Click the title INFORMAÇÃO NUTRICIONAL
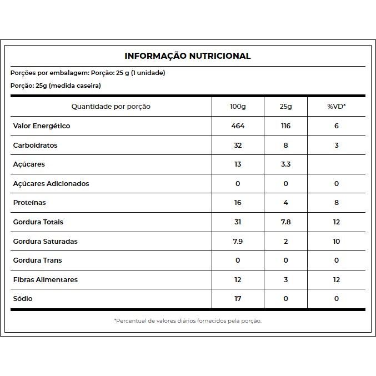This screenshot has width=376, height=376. pos(188,56)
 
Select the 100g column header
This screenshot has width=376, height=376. pos(238,107)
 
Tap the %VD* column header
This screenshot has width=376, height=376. pos(336,107)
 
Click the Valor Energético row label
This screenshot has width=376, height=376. pos(42,126)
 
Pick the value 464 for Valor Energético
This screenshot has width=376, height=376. pos(238,126)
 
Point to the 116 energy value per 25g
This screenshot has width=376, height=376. pos(285,126)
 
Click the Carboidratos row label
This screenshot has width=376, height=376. pos(36,146)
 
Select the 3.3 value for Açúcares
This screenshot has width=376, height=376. pos(285,164)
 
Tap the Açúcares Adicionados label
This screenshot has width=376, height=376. pos(51,184)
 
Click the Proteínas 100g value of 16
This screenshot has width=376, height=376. pos(238,203)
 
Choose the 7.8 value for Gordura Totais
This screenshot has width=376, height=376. pos(285,222)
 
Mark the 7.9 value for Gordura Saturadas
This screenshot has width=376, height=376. pos(238,242)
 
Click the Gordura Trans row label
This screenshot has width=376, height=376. pos(38,260)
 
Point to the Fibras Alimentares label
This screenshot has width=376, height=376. pos(46,280)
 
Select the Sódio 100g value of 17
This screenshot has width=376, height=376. pos(238,299)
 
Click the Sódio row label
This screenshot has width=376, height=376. pos(23,299)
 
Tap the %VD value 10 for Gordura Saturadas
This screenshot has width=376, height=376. pos(336,242)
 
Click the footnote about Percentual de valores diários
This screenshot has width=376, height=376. pos(188,320)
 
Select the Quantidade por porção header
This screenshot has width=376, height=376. pos(111,107)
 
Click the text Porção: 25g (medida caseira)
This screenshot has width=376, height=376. pos(56,86)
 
